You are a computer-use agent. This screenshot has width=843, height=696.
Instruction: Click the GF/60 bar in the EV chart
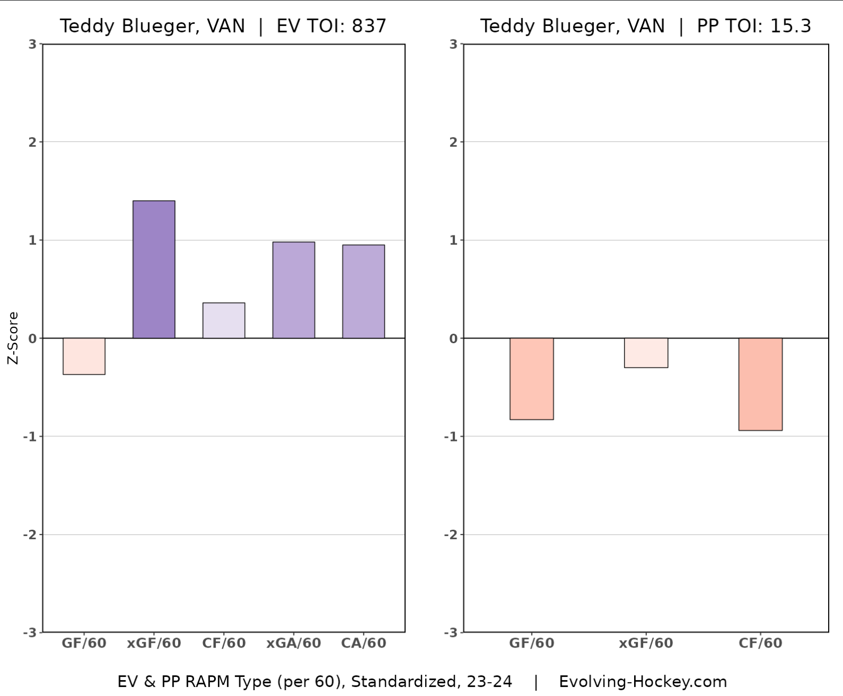84,356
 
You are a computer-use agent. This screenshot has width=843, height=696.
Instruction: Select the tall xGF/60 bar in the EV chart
154,269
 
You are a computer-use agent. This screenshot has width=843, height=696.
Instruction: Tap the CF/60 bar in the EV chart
224,320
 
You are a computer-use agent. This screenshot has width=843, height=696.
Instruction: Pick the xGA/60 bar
293,290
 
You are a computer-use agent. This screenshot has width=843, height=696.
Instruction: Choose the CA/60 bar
364,292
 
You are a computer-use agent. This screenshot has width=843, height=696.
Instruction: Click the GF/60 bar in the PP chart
532,379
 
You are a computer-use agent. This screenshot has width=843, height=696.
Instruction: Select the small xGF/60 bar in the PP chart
646,353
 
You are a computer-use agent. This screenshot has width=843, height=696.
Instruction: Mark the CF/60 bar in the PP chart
760,384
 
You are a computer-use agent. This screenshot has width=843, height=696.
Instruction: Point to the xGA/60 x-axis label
293,643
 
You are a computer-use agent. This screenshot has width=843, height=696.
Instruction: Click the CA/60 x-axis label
364,643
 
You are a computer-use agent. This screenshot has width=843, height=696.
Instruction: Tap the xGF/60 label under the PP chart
646,643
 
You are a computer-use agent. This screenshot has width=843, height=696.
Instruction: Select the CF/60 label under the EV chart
224,643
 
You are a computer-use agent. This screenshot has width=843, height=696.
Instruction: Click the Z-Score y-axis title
13,338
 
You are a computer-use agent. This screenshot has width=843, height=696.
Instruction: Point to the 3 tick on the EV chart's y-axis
32,45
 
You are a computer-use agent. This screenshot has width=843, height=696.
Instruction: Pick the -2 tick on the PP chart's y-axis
451,534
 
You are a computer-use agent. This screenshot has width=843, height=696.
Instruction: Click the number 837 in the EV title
369,26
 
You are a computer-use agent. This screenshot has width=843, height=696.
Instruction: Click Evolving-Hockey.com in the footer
643,682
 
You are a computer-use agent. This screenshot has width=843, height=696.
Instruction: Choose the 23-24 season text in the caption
490,682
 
